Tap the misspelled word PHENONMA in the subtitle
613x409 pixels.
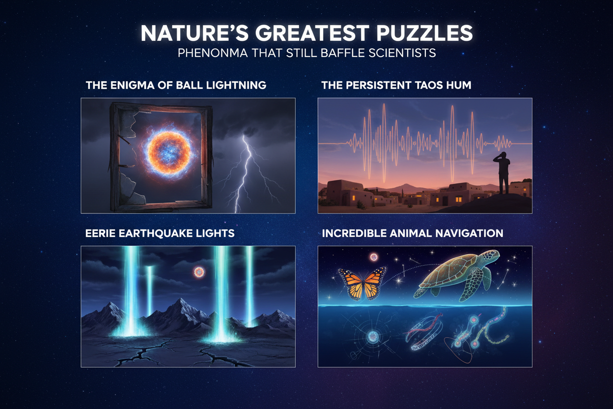click(213, 53)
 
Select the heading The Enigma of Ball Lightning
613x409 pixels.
click(176, 85)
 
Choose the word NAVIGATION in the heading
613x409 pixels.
click(469, 234)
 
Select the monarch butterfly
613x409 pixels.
click(362, 284)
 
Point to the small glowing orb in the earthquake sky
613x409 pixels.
click(199, 272)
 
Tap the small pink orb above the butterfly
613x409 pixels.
click(374, 257)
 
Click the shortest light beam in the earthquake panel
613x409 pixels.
click(149, 291)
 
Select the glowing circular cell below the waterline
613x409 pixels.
click(372, 336)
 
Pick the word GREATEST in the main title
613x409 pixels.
click(312, 33)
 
